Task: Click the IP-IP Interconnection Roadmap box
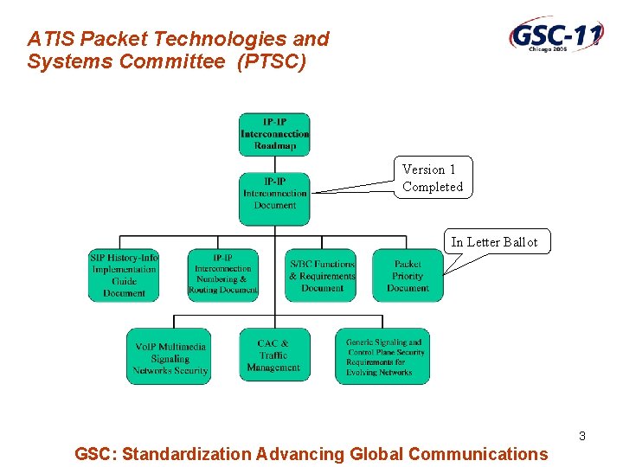pos(274,135)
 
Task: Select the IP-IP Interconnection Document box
pos(274,194)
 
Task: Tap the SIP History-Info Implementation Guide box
pos(125,275)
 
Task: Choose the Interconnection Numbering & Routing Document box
pos(222,275)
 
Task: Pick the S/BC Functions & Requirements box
pos(321,275)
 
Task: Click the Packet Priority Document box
pos(408,275)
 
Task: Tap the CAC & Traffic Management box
pos(273,355)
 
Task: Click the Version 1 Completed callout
pos(433,178)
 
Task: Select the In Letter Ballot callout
pos(494,242)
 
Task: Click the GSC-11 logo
pos(556,38)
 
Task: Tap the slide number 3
pos(582,436)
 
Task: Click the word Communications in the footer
pos(478,454)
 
